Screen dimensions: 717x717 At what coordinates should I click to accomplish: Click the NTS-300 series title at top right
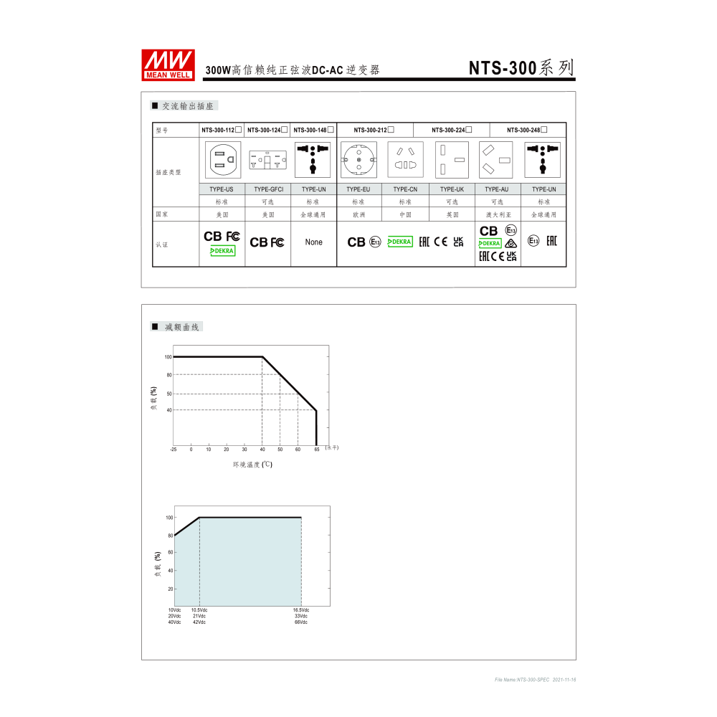pyautogui.click(x=521, y=68)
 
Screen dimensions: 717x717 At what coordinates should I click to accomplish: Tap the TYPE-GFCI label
pyautogui.click(x=267, y=189)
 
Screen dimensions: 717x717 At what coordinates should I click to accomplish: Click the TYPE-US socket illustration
pyautogui.click(x=222, y=159)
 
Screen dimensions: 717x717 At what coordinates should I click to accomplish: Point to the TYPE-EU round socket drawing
pyautogui.click(x=358, y=159)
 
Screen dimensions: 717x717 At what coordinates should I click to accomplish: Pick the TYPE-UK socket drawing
pyautogui.click(x=451, y=159)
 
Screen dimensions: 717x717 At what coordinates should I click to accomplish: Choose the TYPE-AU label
pyautogui.click(x=497, y=189)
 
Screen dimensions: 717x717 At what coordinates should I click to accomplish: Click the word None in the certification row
pyautogui.click(x=313, y=242)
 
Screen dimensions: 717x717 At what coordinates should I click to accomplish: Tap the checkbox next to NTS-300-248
pyautogui.click(x=544, y=129)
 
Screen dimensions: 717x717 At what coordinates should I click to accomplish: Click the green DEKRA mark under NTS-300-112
pyautogui.click(x=222, y=251)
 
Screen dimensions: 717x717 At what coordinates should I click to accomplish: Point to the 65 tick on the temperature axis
pyautogui.click(x=316, y=450)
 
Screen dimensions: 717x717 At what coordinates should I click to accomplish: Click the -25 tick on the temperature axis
pyautogui.click(x=173, y=450)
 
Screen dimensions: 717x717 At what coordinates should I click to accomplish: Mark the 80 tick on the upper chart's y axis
pyautogui.click(x=168, y=375)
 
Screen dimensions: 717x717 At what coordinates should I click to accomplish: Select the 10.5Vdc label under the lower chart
pyautogui.click(x=199, y=610)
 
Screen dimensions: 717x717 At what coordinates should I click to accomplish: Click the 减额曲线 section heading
pyautogui.click(x=183, y=327)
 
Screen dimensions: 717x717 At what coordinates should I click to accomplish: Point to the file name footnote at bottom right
pyautogui.click(x=535, y=680)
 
